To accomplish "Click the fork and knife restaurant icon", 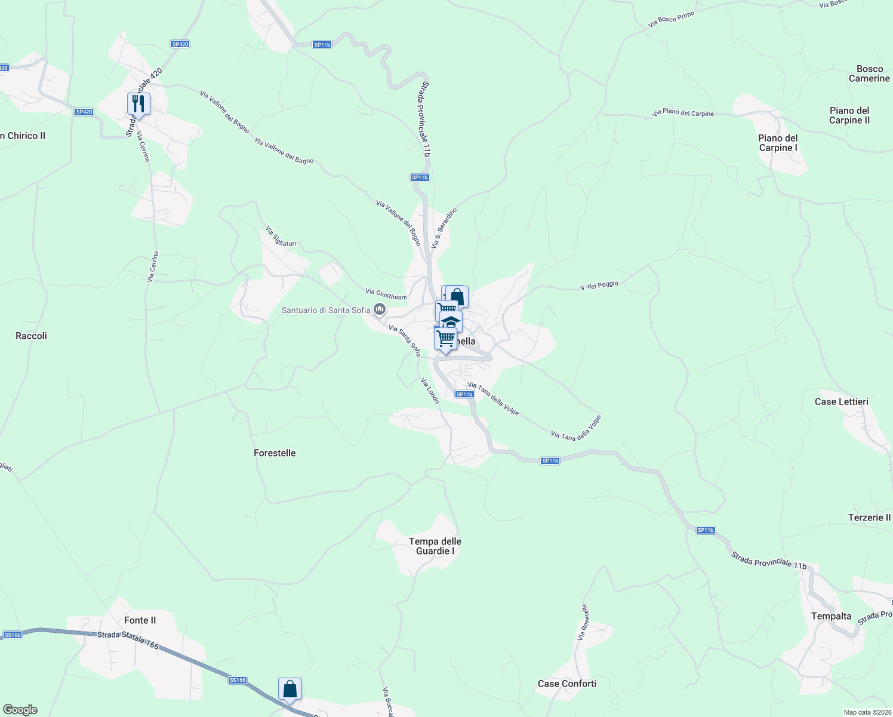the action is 138,104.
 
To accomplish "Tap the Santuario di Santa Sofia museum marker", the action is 379,310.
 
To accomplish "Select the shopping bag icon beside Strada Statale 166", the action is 290,689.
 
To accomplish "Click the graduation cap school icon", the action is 451,321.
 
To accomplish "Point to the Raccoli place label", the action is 31,336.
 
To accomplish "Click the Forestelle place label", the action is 275,453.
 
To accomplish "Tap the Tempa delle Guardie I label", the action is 435,546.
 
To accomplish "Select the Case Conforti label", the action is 566,684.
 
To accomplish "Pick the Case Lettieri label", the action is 841,402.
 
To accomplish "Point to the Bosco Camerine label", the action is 869,73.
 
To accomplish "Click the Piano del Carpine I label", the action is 778,143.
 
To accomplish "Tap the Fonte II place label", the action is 140,620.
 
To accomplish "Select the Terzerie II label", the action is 869,517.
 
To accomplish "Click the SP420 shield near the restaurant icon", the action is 84,112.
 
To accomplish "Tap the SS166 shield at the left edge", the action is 13,635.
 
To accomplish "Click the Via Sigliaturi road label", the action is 280,237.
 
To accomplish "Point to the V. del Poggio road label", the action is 599,286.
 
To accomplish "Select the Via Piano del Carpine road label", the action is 683,112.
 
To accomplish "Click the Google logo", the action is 20,710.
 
